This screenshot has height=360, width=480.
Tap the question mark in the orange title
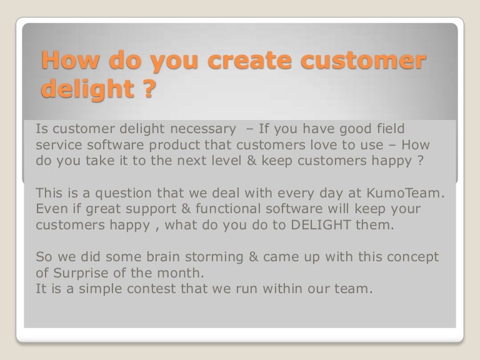click(x=145, y=89)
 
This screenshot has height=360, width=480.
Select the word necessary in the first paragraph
click(x=191, y=129)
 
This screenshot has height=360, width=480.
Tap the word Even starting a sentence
click(x=52, y=209)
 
